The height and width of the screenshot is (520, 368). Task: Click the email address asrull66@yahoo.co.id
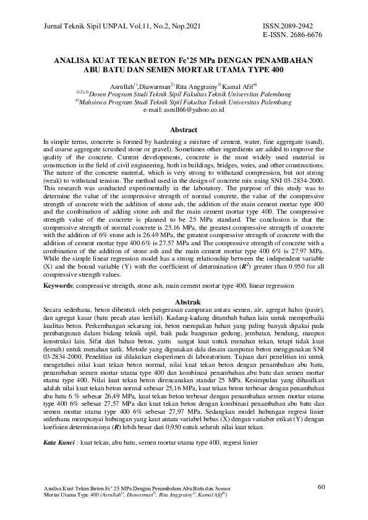193,109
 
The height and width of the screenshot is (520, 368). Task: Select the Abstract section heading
184,130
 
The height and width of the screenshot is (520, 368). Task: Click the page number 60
321,487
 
